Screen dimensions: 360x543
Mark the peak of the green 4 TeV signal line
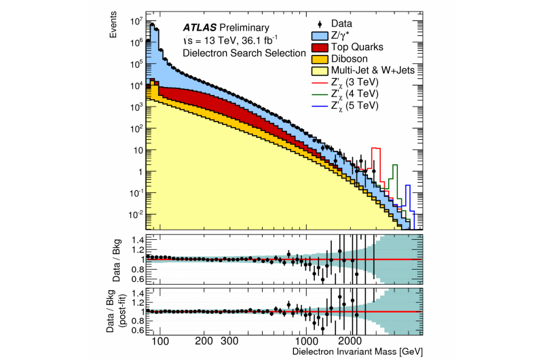(396, 165)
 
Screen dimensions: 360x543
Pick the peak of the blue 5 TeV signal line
(408, 184)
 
